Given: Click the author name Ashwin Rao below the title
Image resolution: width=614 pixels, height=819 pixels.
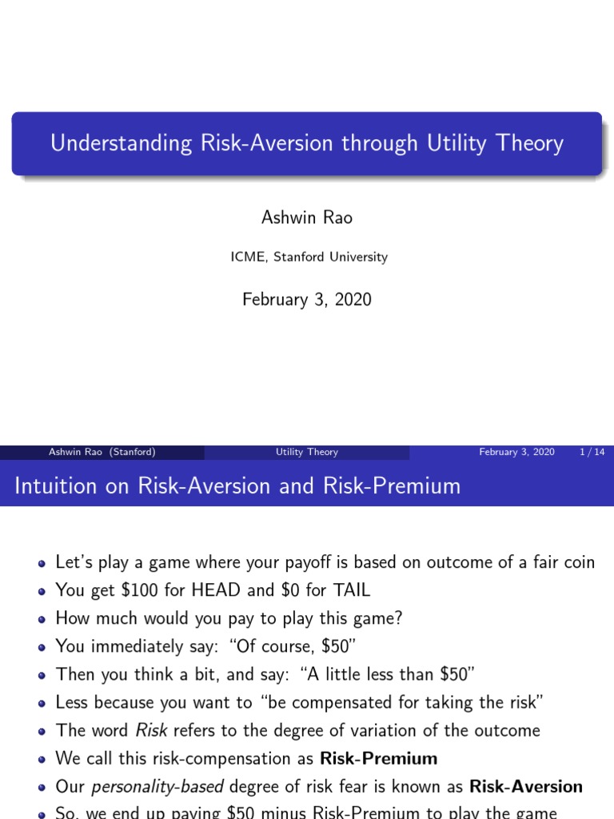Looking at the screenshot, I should coord(306,218).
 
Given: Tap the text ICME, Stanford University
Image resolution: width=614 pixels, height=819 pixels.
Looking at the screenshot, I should coord(306,257).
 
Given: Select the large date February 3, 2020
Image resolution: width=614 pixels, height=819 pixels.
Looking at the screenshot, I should coord(306,299).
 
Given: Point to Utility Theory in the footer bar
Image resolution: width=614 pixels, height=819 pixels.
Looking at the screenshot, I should coord(306,452).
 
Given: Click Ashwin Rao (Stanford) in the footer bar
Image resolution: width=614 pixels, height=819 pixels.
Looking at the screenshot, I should coord(102,452).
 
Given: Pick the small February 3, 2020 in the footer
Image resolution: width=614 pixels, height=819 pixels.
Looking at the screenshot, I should coord(516,452).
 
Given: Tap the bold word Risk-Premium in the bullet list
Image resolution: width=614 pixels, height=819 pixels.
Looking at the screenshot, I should coord(378,757).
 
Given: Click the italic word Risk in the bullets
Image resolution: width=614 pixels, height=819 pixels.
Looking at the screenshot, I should coord(151,729).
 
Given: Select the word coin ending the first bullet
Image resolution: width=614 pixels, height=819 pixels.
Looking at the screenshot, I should coord(578,562).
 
